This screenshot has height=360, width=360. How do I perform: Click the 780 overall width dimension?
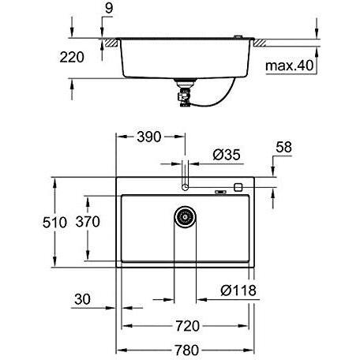187,351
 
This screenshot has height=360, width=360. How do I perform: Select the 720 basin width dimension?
188,326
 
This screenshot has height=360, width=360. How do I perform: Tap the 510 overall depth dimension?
54,223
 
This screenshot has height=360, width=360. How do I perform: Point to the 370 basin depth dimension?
88,222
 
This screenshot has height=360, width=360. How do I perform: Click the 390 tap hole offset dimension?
149,137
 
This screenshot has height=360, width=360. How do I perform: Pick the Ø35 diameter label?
227,155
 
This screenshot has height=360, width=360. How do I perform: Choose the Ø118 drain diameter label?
238,291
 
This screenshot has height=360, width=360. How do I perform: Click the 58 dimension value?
283,148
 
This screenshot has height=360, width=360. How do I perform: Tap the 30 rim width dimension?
82,299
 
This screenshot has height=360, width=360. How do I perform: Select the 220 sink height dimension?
72,57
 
